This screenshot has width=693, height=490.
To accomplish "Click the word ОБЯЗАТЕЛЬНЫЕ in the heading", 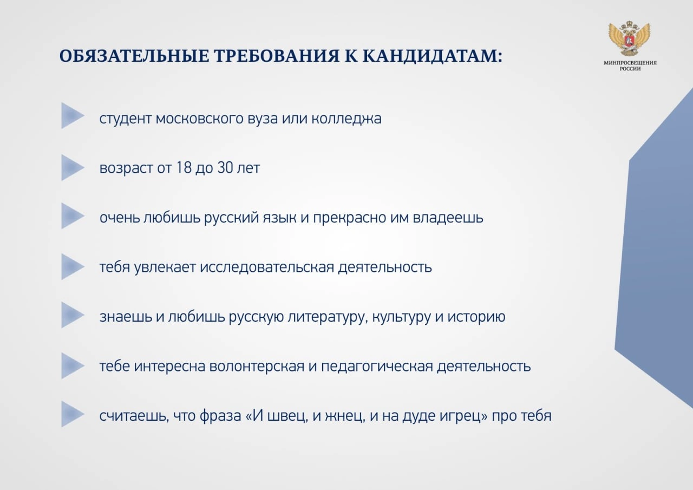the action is tap(134, 56).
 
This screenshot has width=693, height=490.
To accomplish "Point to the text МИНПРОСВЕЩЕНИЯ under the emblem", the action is tap(630, 63).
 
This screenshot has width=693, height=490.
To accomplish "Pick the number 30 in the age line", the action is tap(225, 168).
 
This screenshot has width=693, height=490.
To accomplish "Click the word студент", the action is tap(126, 119).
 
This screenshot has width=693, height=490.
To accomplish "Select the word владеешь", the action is tap(448, 218).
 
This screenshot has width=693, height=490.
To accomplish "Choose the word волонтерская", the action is tap(257, 367).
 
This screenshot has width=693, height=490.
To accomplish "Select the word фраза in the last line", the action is tap(220, 416).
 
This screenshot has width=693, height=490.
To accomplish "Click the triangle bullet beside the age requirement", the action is tap(73, 168).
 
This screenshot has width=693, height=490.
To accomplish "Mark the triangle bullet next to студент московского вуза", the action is tap(73, 116).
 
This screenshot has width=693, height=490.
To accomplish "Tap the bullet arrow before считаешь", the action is tap(73, 414).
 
